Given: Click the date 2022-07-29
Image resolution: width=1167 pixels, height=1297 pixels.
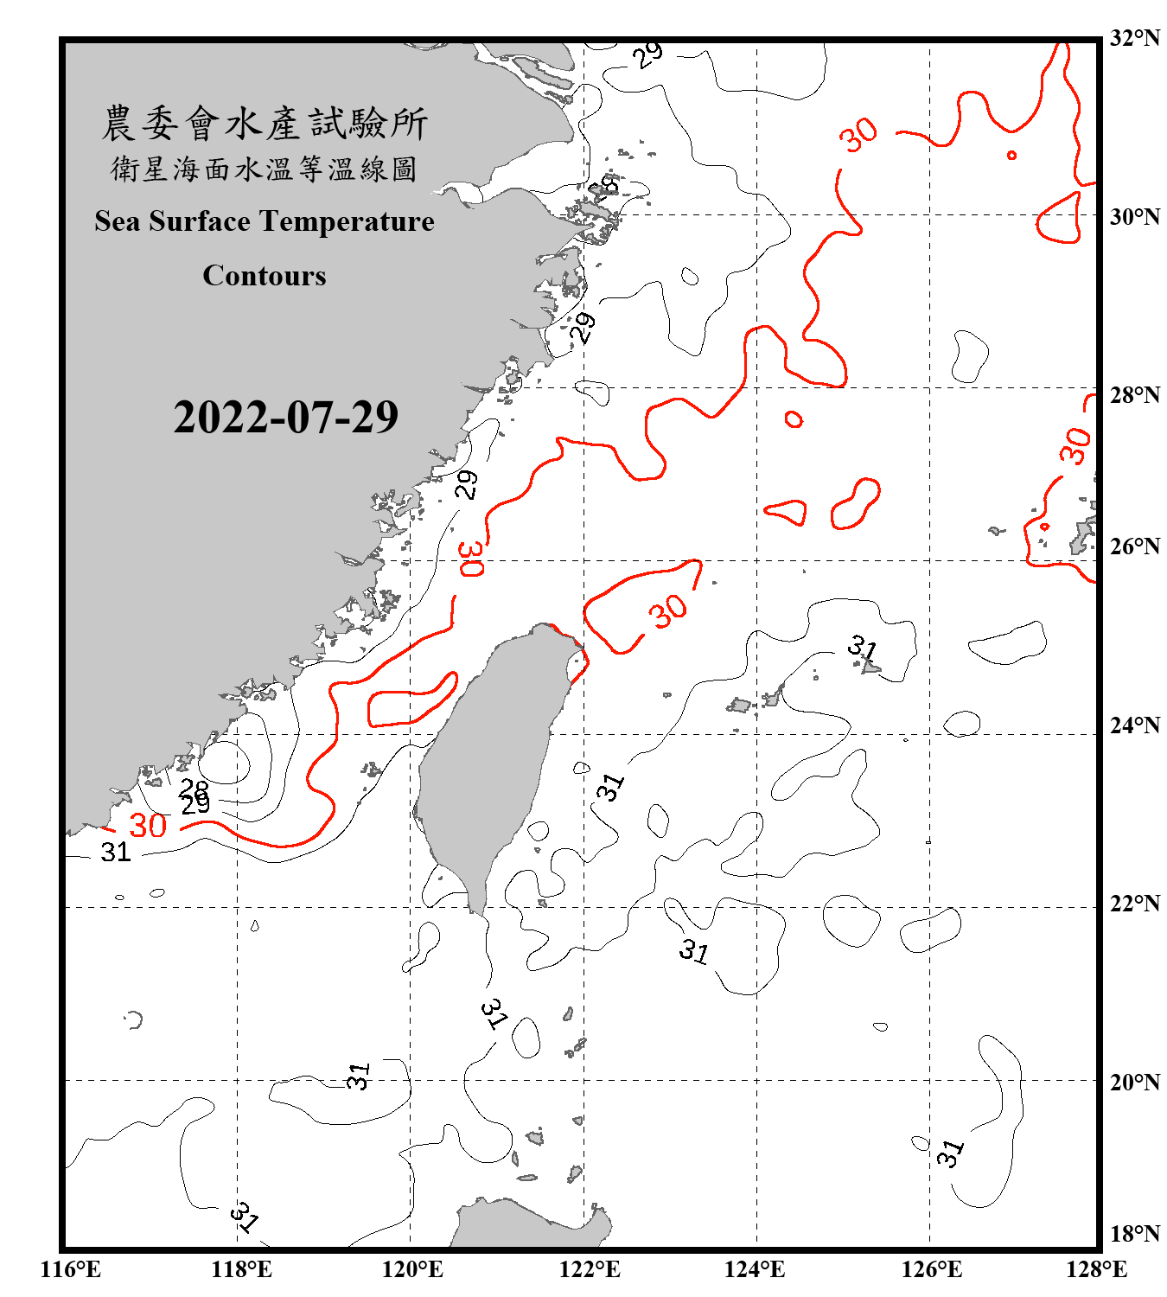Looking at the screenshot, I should [285, 418].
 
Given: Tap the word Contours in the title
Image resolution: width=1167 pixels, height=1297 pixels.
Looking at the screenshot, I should [265, 276].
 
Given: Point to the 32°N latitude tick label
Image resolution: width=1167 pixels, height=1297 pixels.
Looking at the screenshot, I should [1134, 38].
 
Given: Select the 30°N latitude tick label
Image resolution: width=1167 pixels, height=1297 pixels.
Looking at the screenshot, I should [1134, 216].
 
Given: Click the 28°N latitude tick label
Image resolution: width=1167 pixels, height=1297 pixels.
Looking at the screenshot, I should [1134, 395].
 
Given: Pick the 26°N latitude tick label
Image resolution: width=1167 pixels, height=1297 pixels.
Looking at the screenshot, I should [1134, 546].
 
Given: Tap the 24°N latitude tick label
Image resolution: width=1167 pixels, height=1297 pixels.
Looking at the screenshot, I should [1134, 725].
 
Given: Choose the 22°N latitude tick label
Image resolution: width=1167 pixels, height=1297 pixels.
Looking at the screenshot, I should [1134, 904].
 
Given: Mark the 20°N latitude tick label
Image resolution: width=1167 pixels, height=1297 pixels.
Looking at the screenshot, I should [1134, 1082].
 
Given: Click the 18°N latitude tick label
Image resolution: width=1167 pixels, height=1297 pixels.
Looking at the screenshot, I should [1134, 1234].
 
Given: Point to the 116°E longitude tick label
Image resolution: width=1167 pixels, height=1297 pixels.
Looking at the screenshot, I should [71, 1269].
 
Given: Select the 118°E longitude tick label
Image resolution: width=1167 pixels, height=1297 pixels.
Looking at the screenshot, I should [241, 1269].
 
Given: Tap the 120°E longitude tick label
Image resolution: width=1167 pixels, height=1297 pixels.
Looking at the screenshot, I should [412, 1269].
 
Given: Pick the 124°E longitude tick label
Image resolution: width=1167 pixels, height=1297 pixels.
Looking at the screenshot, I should [755, 1269].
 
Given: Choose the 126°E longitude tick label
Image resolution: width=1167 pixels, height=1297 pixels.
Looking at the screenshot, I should [931, 1269].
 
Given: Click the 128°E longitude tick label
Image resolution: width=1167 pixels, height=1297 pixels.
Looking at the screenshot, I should [1096, 1269].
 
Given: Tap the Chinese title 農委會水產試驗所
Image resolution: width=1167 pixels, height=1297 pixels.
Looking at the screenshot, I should [265, 123].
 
